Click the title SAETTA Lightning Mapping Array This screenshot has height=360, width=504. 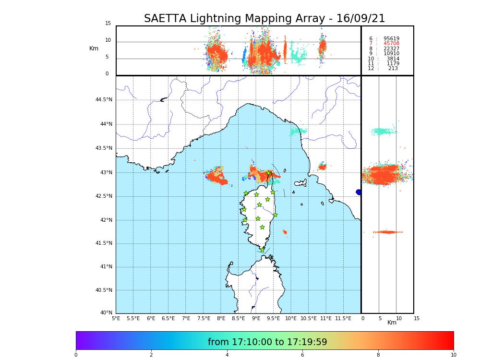click(x=264, y=19)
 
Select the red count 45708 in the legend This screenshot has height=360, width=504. click(x=391, y=44)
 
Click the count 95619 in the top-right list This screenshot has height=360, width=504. click(x=391, y=39)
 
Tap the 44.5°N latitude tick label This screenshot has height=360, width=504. click(x=104, y=100)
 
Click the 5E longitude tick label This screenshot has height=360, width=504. click(x=116, y=318)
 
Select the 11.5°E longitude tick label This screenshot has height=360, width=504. click(x=343, y=318)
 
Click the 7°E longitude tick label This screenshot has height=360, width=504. click(x=186, y=318)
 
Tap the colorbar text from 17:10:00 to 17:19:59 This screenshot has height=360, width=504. click(x=267, y=342)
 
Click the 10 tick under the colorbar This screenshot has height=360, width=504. click(x=453, y=355)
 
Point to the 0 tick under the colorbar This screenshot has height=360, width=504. click(x=76, y=355)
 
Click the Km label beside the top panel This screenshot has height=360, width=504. click(x=94, y=48)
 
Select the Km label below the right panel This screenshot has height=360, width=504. click(x=392, y=323)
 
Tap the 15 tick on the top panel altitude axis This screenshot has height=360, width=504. click(x=108, y=24)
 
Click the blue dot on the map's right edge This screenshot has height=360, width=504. click(x=359, y=192)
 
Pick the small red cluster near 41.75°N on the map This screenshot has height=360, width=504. click(x=285, y=232)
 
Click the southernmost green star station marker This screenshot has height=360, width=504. click(x=262, y=250)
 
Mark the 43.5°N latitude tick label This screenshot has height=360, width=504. click(x=104, y=148)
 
